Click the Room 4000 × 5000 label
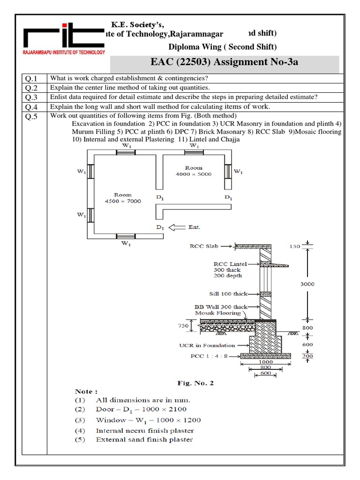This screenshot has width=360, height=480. pyautogui.click(x=193, y=171)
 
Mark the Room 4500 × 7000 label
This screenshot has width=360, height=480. pyautogui.click(x=122, y=198)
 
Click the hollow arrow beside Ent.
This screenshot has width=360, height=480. pyautogui.click(x=177, y=227)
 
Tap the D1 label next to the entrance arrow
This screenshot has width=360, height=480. pyautogui.click(x=160, y=227)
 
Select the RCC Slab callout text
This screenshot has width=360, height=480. pyautogui.click(x=204, y=245)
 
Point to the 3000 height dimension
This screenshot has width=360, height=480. pyautogui.click(x=307, y=284)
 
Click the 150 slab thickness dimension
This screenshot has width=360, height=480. pyautogui.click(x=307, y=246)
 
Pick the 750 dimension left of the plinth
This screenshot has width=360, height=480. pyautogui.click(x=183, y=325)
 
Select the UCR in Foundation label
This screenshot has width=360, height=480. pyautogui.click(x=207, y=345)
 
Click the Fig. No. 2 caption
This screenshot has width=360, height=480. pyautogui.click(x=195, y=383)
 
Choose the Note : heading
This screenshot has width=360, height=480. pyautogui.click(x=86, y=390)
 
